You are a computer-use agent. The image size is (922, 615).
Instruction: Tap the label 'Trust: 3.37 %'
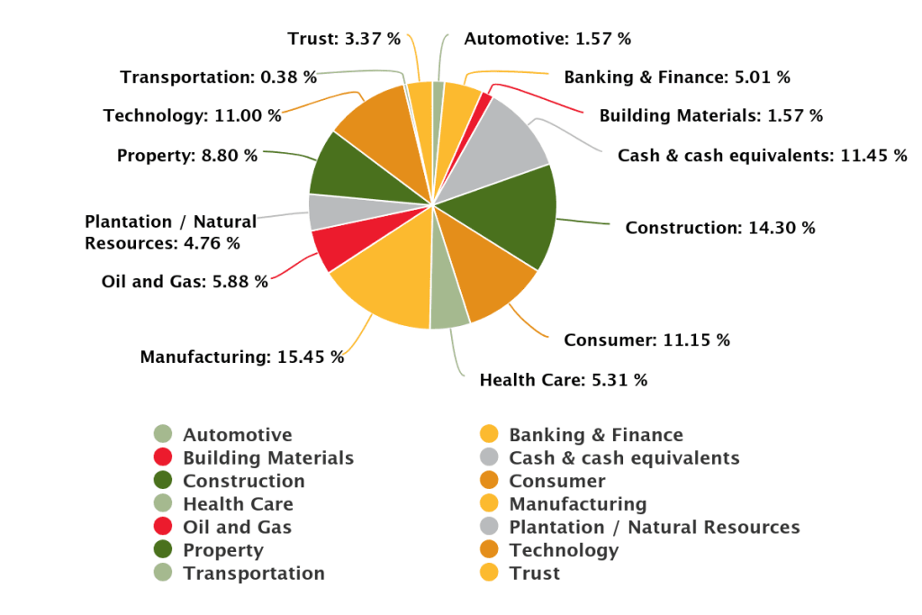tap(344, 39)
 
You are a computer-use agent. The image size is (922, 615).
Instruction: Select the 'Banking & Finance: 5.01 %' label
tap(677, 77)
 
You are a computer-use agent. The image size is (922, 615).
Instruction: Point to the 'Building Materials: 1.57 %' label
tap(710, 115)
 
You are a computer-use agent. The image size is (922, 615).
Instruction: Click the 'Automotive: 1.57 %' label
tap(547, 39)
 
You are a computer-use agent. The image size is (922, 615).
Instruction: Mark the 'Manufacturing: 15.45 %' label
tap(241, 357)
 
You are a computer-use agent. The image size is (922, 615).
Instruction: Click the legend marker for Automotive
tap(163, 435)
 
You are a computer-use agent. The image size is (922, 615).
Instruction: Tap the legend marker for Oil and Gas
tap(163, 527)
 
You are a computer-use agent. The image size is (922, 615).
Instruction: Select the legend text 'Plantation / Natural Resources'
tap(654, 527)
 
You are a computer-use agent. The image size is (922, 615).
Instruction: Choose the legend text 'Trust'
tap(534, 573)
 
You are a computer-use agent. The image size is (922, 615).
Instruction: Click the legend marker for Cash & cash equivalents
tap(490, 457)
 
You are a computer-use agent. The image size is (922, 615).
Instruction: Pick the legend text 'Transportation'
tap(253, 573)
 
